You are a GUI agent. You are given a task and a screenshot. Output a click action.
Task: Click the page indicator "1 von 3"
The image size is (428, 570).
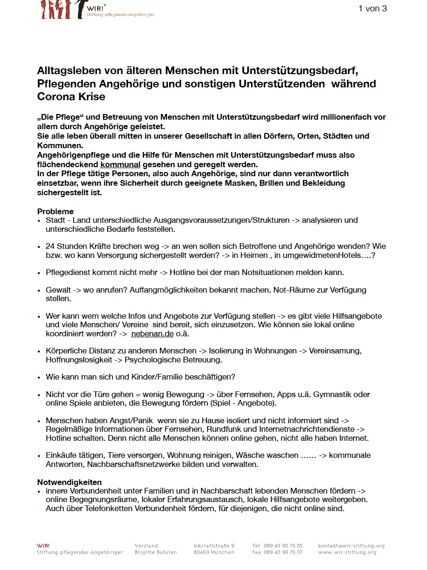tap(372, 9)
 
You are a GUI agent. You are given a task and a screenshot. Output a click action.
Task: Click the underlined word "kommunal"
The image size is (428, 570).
tap(120, 164)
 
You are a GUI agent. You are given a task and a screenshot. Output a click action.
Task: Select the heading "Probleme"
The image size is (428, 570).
tap(56, 211)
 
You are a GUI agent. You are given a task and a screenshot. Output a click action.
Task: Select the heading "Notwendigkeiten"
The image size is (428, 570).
tap(69, 482)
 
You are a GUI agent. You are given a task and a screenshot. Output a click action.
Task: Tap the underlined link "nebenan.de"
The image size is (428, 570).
tap(152, 333)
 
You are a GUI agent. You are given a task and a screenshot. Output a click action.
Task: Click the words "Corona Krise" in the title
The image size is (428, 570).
tap(71, 96)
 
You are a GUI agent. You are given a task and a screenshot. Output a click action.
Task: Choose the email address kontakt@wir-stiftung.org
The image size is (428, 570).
tap(351, 546)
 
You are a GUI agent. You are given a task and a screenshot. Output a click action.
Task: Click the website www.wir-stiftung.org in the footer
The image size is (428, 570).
tap(347, 552)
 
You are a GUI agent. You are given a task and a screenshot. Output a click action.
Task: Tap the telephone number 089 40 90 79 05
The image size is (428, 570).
tap(283, 546)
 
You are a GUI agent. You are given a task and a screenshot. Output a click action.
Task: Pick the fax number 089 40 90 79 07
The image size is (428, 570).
tap(283, 552)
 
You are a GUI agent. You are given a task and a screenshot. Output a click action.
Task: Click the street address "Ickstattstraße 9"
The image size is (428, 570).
tap(214, 546)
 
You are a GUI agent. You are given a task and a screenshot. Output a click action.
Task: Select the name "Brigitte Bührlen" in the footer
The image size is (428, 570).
tap(156, 552)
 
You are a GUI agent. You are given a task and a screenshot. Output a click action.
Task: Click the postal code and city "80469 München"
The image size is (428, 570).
tap(214, 552)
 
